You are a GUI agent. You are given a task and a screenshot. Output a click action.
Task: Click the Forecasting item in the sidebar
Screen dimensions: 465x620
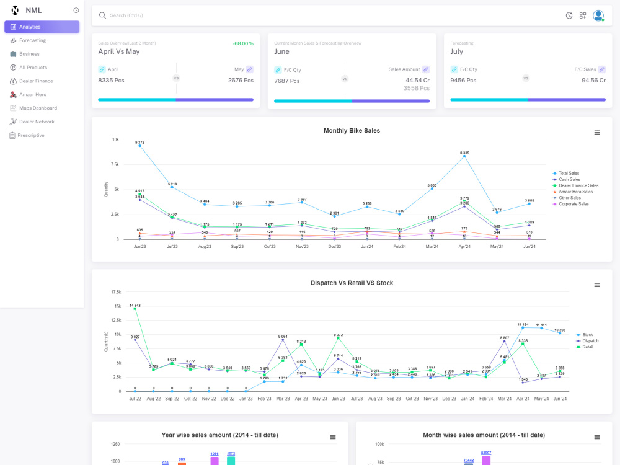click(x=32, y=40)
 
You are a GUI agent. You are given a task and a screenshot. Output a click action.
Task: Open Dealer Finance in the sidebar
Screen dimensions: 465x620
click(x=36, y=81)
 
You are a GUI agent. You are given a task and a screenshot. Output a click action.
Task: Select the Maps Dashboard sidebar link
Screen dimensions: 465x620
click(x=38, y=108)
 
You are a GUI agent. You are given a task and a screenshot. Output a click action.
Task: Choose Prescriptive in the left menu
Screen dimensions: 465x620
click(x=31, y=135)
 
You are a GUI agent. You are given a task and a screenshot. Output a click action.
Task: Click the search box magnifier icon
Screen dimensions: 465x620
click(x=102, y=15)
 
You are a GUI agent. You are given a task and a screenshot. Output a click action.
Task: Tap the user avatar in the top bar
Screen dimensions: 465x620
click(x=598, y=15)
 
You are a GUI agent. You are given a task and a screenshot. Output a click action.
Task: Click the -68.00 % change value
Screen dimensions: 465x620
click(x=242, y=43)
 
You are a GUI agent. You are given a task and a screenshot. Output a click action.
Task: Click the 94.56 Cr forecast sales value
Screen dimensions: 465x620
click(x=593, y=81)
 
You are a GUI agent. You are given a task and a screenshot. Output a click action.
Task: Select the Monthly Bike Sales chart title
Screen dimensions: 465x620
click(x=352, y=131)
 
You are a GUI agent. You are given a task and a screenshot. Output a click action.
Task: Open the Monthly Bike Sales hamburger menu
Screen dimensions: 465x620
click(x=597, y=133)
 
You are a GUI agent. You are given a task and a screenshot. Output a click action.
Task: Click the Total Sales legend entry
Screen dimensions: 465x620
click(x=569, y=174)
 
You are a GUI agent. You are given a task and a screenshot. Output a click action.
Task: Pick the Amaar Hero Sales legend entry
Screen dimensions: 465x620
click(x=575, y=192)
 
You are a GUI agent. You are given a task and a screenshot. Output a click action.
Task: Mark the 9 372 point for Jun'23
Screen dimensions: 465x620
click(x=140, y=146)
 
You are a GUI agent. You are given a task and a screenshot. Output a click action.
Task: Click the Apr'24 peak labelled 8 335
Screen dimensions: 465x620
click(x=464, y=156)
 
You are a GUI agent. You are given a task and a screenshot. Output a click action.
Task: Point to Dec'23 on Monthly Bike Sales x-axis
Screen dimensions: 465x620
click(x=334, y=247)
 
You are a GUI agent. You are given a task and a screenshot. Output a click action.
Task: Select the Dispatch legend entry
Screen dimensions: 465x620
click(x=590, y=341)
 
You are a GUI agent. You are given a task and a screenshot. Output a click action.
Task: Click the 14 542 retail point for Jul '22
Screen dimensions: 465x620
click(x=135, y=309)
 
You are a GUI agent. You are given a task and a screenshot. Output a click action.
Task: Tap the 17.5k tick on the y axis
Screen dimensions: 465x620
click(x=116, y=292)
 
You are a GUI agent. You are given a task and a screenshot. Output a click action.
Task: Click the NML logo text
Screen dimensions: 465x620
click(x=33, y=11)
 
